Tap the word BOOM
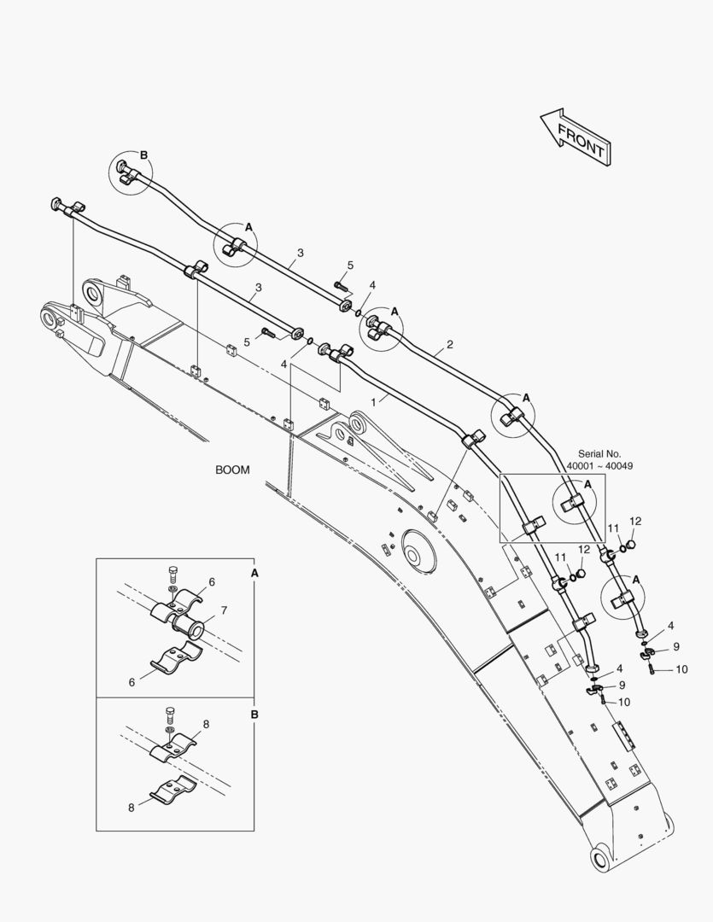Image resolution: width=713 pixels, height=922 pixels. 232,470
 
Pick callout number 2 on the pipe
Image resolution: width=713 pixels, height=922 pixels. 450,346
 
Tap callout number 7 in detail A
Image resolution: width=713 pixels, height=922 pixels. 224,610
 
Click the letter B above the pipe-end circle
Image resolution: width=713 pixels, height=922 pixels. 143,155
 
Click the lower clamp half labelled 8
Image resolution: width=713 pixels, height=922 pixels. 174,793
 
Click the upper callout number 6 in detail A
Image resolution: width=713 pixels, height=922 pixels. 211,581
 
